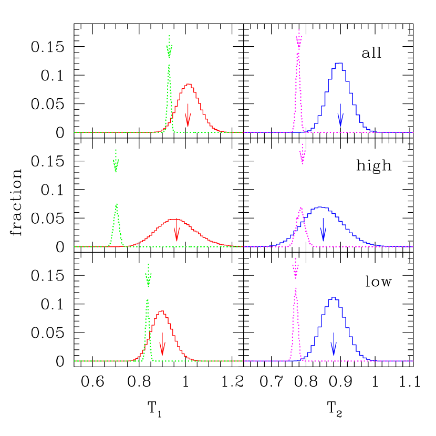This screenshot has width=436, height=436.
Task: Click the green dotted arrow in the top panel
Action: (169, 47)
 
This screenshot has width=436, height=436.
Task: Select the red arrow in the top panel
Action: (188, 116)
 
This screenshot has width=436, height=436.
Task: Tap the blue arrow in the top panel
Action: (340, 116)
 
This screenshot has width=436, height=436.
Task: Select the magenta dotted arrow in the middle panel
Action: (303, 154)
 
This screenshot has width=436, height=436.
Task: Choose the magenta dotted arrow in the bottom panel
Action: (296, 268)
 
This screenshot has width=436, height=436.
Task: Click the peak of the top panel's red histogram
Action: (188, 84)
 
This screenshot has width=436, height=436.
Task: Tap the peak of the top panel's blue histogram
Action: (339, 63)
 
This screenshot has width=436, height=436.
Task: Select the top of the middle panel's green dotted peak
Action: (116, 204)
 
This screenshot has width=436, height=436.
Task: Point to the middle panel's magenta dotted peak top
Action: (301, 207)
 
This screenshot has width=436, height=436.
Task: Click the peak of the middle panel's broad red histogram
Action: (175, 219)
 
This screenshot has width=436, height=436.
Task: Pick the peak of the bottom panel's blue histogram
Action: (333, 298)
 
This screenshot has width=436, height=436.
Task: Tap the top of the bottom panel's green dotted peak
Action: (147, 300)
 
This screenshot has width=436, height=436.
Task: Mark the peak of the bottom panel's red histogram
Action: (162, 312)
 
